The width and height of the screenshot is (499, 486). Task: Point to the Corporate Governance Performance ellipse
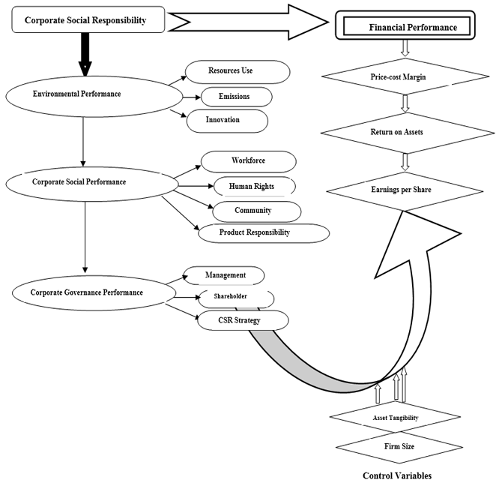coord(87,292)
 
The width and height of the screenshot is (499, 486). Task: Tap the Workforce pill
coord(248,161)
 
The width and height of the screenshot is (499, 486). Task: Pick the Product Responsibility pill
coord(263,232)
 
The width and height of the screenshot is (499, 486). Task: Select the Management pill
coord(225,275)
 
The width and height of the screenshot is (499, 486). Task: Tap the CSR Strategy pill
coord(243,320)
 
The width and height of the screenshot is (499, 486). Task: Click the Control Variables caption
coord(396,475)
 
